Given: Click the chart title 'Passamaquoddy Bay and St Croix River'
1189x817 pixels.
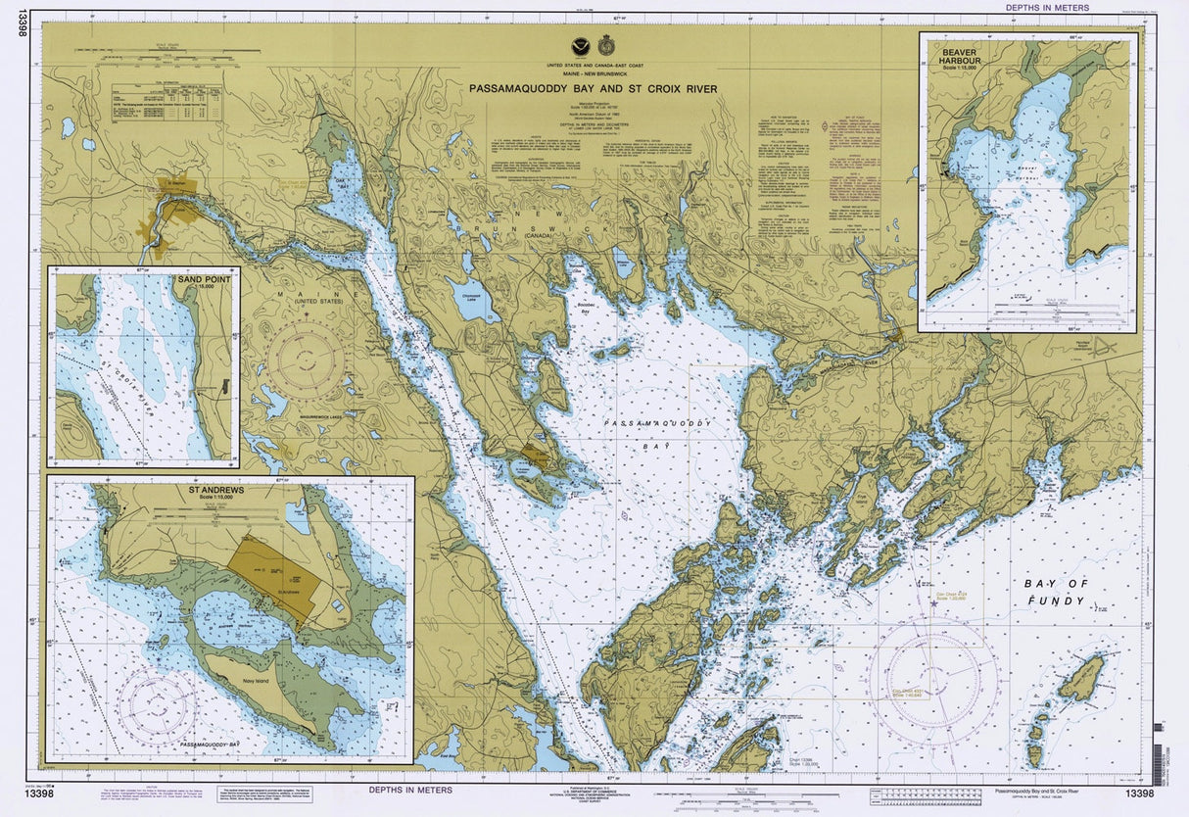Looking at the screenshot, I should click(x=593, y=89).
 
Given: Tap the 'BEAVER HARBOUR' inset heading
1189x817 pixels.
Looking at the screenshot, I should click(x=956, y=46).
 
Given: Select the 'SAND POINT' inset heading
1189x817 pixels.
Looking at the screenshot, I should click(x=203, y=280).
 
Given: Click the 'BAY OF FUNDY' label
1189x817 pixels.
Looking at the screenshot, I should click(x=1055, y=592).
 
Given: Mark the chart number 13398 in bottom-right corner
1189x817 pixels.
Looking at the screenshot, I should click(x=1139, y=793).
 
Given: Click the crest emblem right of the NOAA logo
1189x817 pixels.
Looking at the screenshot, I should click(x=605, y=45).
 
